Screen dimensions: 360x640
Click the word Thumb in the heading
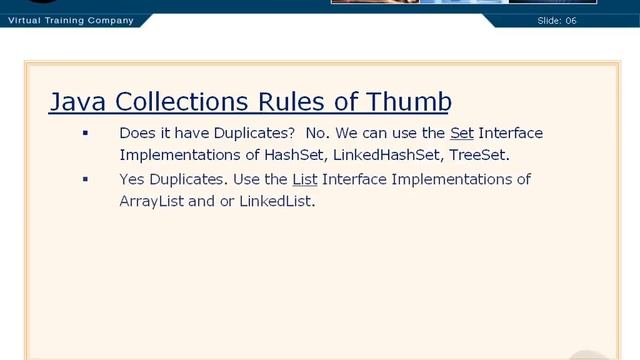point(409,102)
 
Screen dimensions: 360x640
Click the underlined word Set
point(462,133)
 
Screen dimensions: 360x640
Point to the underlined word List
point(304,180)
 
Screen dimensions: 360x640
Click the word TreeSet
point(478,155)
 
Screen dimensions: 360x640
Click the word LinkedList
point(276,201)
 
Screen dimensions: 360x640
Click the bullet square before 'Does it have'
point(86,132)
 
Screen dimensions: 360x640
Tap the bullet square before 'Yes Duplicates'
point(86,179)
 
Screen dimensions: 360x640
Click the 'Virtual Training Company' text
point(70,20)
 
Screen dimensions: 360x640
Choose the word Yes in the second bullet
point(133,180)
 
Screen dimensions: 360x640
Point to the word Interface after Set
point(511,133)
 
